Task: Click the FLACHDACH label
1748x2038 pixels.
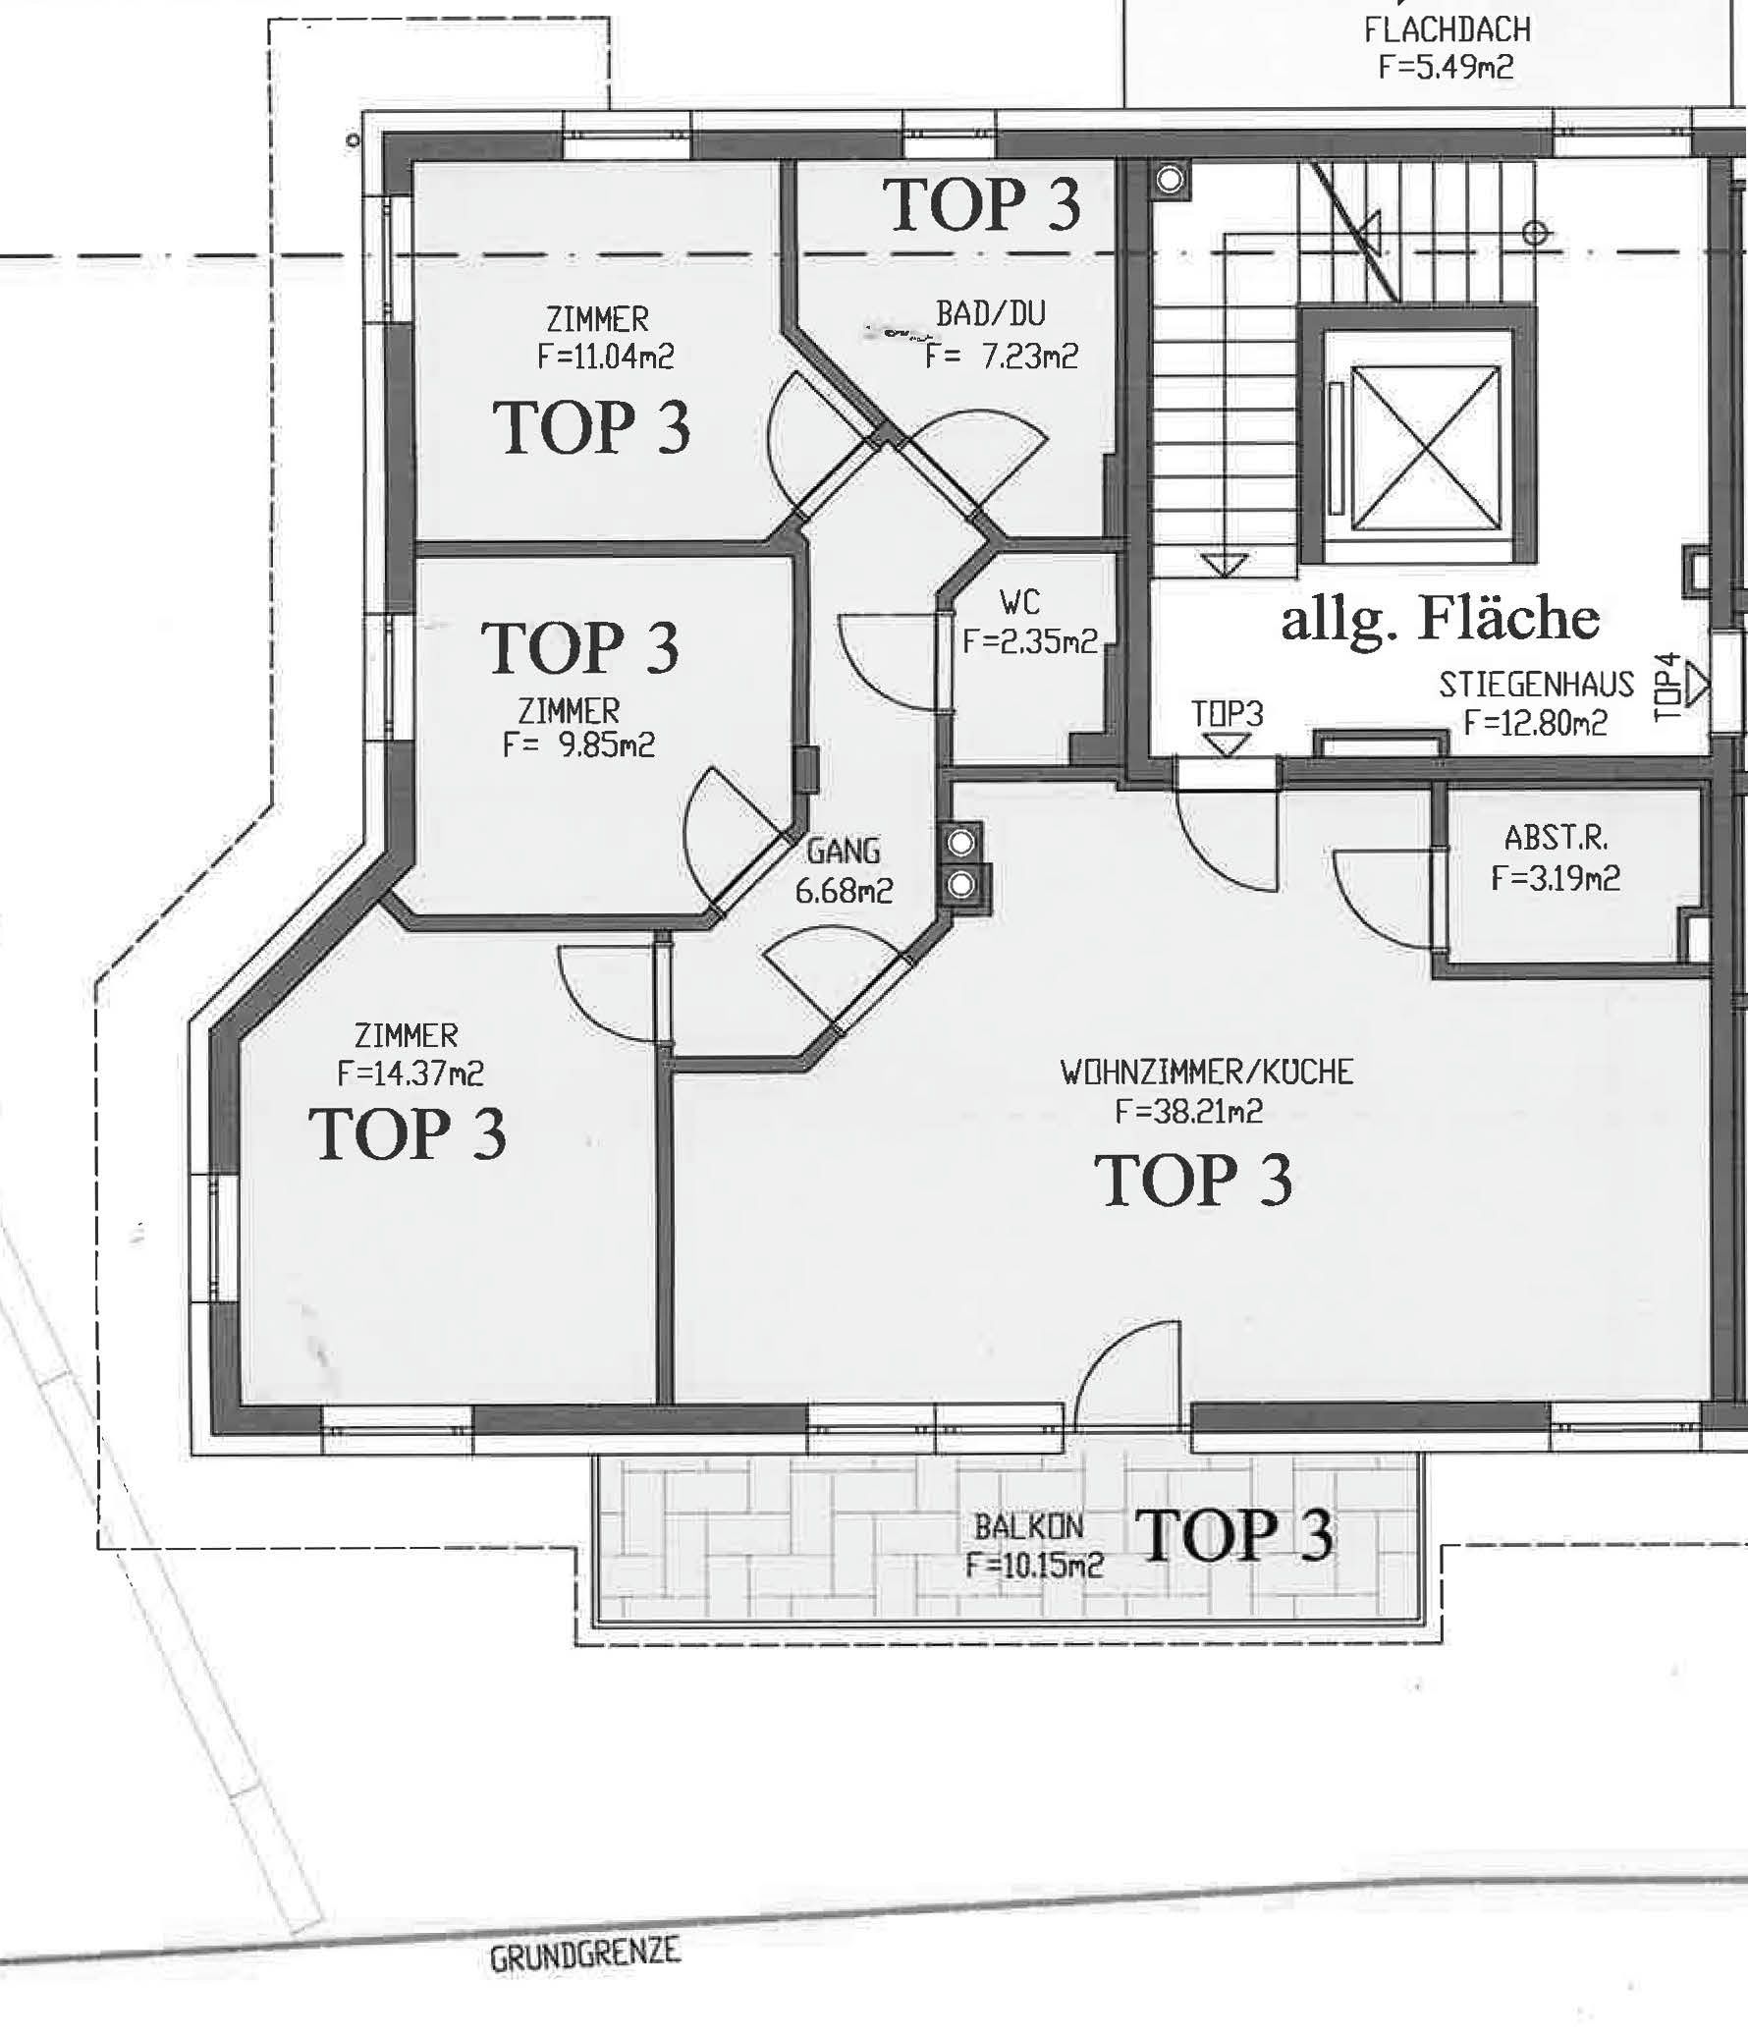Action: [x=1447, y=29]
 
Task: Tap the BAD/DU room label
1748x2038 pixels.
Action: [x=991, y=313]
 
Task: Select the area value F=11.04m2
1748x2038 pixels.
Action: [x=606, y=356]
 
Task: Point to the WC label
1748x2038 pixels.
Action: [x=1019, y=601]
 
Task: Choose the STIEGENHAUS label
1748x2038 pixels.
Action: [x=1536, y=684]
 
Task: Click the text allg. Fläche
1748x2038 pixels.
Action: [x=1440, y=620]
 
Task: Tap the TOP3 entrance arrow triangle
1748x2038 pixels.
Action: [x=1226, y=744]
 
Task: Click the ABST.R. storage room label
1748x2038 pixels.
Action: [x=1556, y=838]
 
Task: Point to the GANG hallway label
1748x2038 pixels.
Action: [x=843, y=851]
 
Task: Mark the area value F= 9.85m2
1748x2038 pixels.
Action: [x=578, y=744]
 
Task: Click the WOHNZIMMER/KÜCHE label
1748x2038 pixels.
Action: [x=1207, y=1072]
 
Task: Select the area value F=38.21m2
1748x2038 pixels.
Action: [x=1188, y=1111]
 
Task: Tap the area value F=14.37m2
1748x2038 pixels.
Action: [x=410, y=1073]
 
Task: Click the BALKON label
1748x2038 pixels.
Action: [x=1029, y=1526]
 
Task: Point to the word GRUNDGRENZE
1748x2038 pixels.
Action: [x=585, y=1954]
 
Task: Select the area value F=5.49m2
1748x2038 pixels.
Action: [x=1445, y=67]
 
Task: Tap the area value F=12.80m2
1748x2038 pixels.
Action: [x=1535, y=723]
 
